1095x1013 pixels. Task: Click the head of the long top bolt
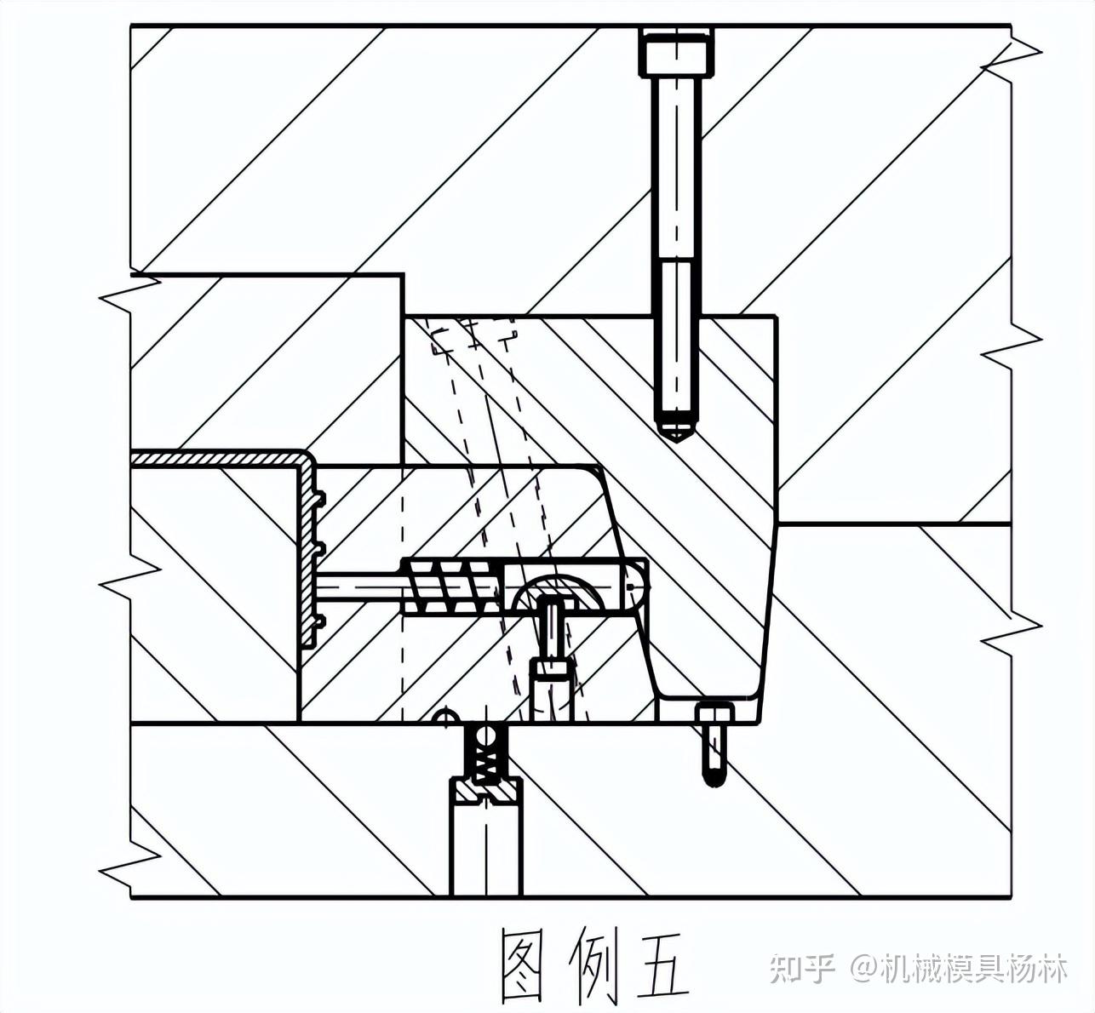click(x=677, y=53)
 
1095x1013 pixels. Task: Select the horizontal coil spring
click(x=451, y=587)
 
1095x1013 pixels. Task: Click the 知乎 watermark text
click(x=801, y=969)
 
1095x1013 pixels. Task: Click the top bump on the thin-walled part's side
click(x=319, y=495)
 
